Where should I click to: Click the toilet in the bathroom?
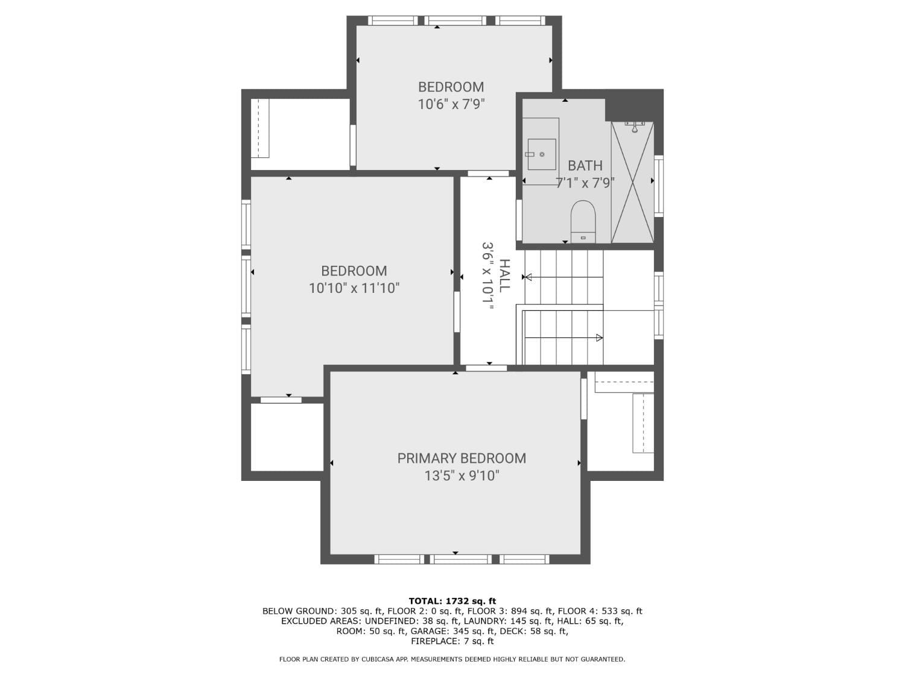583,221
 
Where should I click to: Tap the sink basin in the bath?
541,154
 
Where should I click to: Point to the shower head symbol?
635,127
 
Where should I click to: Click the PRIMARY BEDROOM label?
462,458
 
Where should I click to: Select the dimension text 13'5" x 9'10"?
462,476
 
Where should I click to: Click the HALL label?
504,275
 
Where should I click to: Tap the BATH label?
585,166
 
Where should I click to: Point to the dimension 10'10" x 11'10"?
354,288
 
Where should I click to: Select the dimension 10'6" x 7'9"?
451,104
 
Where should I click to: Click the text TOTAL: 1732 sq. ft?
453,601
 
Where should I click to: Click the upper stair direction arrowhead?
527,277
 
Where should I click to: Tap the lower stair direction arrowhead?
600,338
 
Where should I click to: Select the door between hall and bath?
519,219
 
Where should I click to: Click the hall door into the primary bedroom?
486,368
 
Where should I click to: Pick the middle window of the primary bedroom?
460,559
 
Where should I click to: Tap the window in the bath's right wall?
658,186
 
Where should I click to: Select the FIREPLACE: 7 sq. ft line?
453,641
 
